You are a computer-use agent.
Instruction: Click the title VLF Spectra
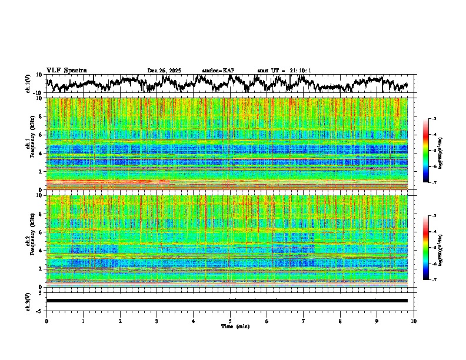click(x=66, y=70)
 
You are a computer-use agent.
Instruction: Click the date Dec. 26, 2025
click(x=164, y=71)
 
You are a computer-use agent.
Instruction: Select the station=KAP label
click(x=218, y=71)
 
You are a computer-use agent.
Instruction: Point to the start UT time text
click(x=284, y=71)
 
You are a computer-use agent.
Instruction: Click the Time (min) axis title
click(x=235, y=326)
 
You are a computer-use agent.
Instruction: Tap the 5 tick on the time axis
click(x=230, y=321)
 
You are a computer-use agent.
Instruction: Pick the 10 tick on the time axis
click(x=414, y=321)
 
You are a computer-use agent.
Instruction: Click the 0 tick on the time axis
click(x=46, y=321)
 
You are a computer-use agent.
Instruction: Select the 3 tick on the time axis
click(x=157, y=321)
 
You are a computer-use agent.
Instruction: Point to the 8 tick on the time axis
click(x=340, y=321)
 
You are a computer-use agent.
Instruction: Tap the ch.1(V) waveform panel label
click(x=28, y=84)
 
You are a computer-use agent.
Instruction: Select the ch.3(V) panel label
click(x=28, y=301)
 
